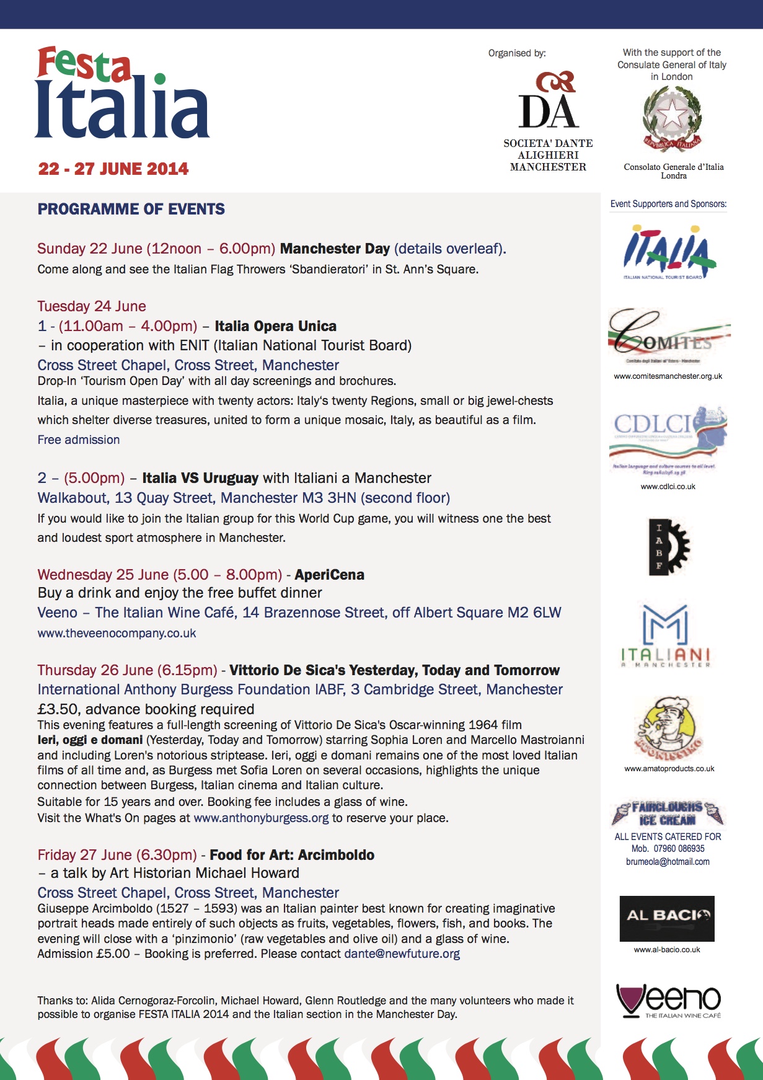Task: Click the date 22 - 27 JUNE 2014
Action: pos(113,169)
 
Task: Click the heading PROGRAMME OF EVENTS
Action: pos(131,210)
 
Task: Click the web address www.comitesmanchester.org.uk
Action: pos(668,376)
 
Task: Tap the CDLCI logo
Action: pos(668,437)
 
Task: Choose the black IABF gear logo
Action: pos(668,546)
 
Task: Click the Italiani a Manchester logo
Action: pos(666,637)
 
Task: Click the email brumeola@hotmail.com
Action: pos(668,862)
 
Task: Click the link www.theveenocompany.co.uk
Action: pos(117,634)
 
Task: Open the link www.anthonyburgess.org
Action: pos(261,818)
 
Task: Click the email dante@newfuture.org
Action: pos(402,954)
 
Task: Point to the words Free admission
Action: pos(79,440)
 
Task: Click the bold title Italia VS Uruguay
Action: pos(200,479)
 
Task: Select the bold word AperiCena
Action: pos(329,575)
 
